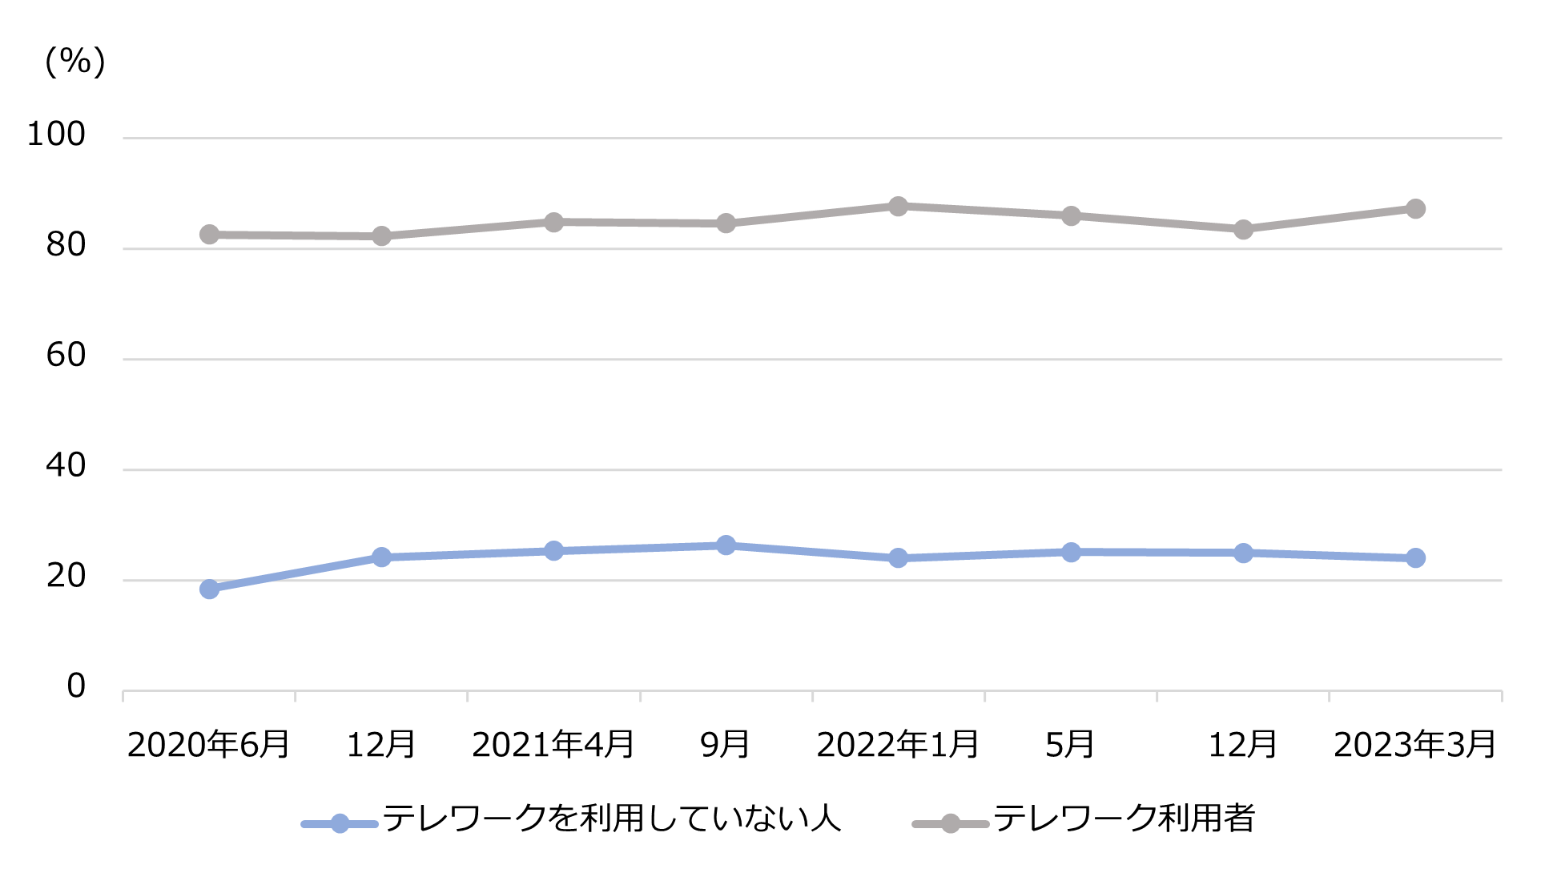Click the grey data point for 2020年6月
(x=209, y=235)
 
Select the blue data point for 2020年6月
(x=209, y=589)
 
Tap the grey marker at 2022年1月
(x=898, y=206)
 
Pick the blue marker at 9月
(x=726, y=545)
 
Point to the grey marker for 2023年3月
(x=1415, y=209)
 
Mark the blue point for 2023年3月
(x=1415, y=557)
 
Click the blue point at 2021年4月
(x=553, y=551)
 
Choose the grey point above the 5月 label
(x=1071, y=216)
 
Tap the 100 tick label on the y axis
(x=56, y=135)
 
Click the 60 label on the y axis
(x=66, y=356)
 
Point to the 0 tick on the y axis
(x=76, y=686)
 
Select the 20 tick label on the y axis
(x=66, y=577)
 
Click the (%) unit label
(x=75, y=61)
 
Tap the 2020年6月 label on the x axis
(x=208, y=745)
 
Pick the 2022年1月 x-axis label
(x=897, y=745)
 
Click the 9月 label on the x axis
(x=725, y=745)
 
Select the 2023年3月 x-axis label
(x=1414, y=745)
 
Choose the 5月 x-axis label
(x=1070, y=745)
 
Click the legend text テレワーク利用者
(x=1124, y=819)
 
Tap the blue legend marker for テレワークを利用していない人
(x=340, y=823)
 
